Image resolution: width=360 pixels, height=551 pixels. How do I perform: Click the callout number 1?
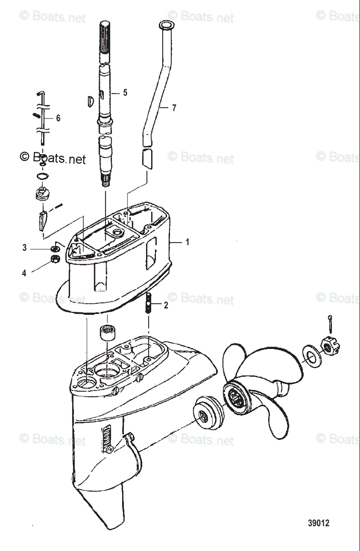tap(187, 242)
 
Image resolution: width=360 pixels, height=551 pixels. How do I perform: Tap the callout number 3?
tap(24, 248)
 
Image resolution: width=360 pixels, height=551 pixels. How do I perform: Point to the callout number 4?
tap(24, 273)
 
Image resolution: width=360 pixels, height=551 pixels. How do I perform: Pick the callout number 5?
tap(125, 93)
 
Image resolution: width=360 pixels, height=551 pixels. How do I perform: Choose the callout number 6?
tap(58, 118)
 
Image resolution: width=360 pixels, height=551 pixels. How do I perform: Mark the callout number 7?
tap(174, 108)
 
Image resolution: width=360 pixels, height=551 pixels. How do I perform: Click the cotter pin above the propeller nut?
tap(331, 323)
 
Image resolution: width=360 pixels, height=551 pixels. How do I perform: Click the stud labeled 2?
tap(148, 304)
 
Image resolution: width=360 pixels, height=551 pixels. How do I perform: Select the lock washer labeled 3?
tap(55, 249)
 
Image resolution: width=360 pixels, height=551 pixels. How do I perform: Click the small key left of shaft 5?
tap(90, 101)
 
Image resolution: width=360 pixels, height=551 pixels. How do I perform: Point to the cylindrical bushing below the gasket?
tap(108, 332)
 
